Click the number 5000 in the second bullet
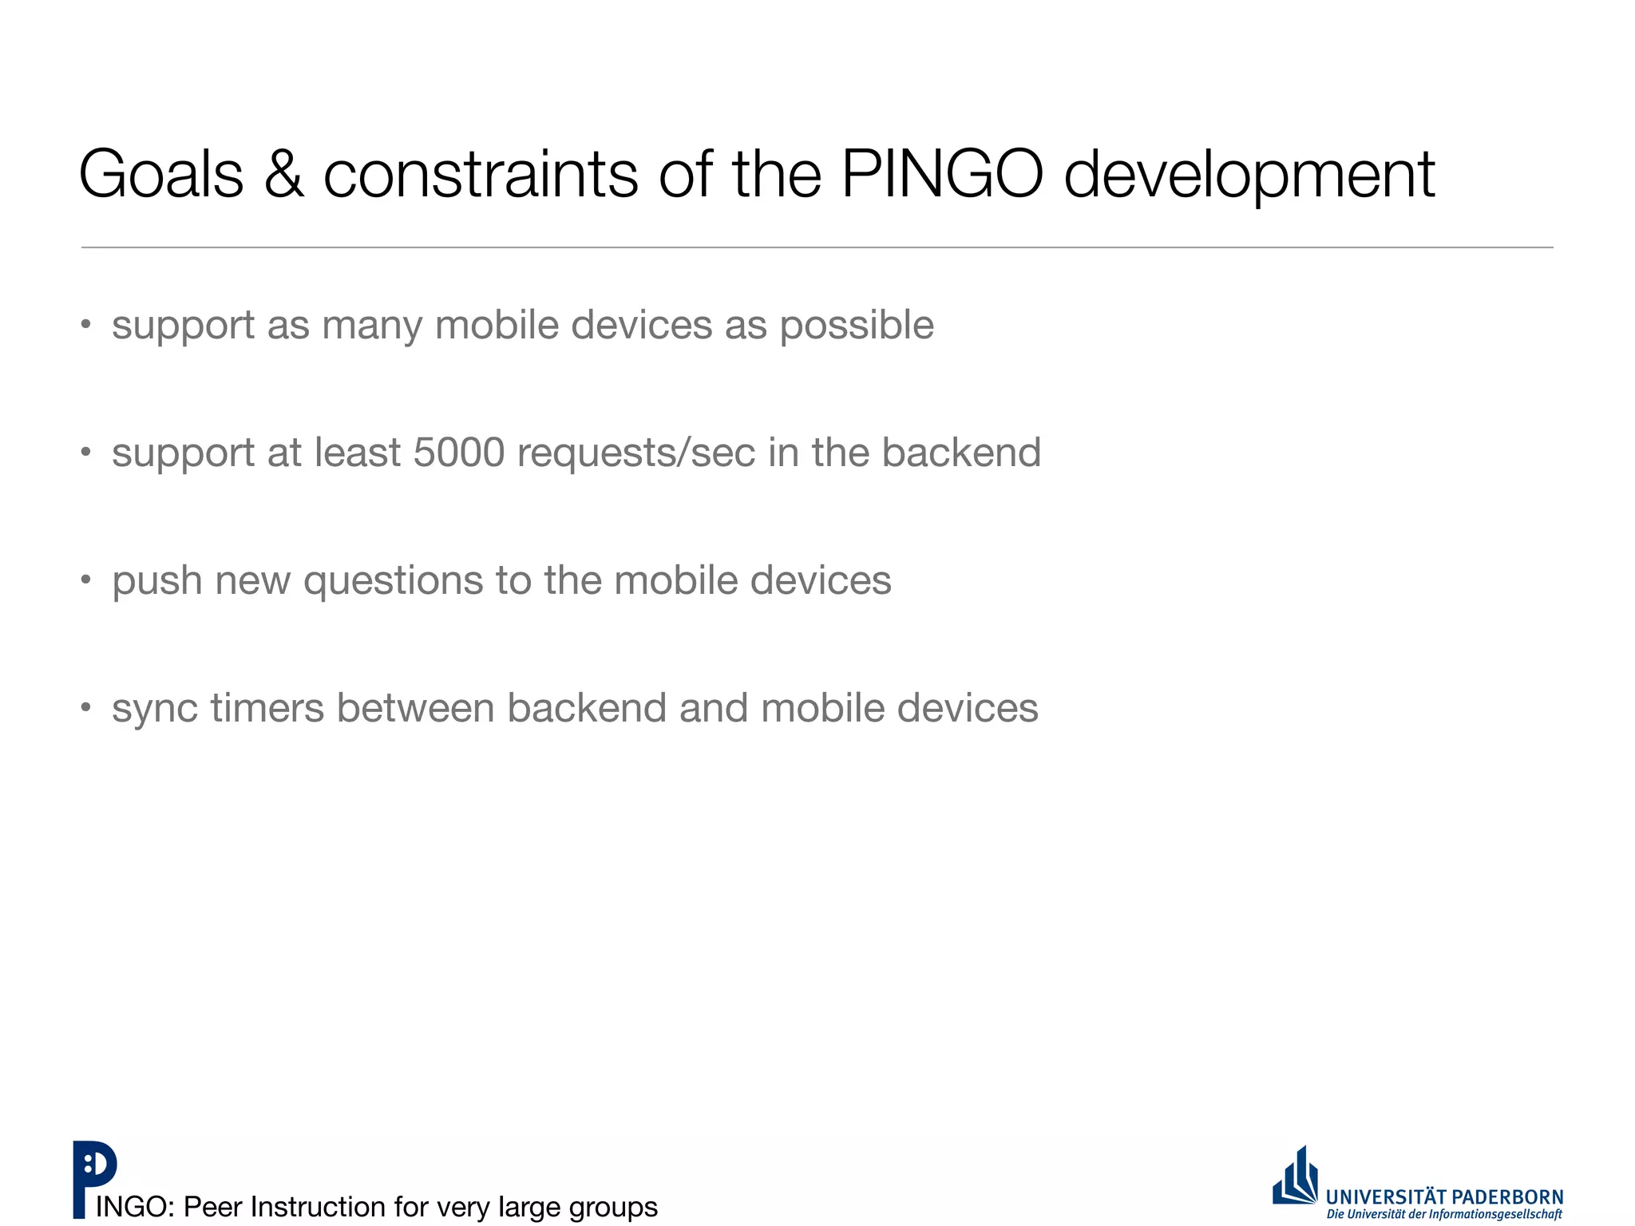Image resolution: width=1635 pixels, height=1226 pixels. pyautogui.click(x=459, y=453)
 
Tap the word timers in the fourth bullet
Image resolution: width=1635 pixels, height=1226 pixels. pyautogui.click(x=267, y=708)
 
